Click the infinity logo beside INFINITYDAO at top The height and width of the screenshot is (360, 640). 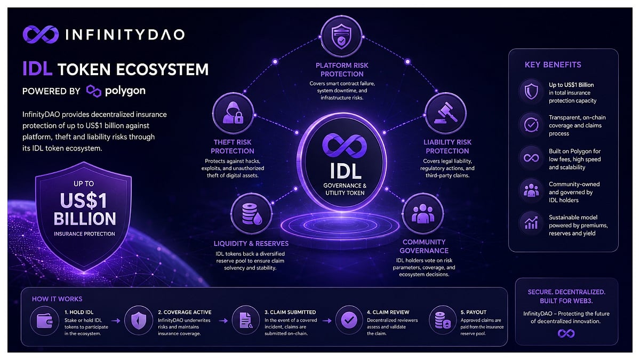(x=41, y=35)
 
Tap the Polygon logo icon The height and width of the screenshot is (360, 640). (x=94, y=91)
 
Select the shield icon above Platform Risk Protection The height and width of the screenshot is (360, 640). (x=341, y=37)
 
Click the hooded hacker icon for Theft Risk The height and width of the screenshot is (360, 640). (x=233, y=113)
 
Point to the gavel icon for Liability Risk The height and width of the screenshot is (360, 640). (x=446, y=114)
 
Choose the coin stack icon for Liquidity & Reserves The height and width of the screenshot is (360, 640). (x=251, y=214)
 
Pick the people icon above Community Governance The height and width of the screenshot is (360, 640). (x=423, y=213)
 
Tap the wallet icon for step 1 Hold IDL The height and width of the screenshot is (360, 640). (x=45, y=321)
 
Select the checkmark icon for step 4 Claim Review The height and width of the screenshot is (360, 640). (x=349, y=321)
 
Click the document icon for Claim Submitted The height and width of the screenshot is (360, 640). (x=246, y=321)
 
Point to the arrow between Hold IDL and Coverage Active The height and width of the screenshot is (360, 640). (x=116, y=321)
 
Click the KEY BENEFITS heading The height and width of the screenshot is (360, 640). (x=553, y=65)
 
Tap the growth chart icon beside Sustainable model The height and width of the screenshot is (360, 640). (x=531, y=223)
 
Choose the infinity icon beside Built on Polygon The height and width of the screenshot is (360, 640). (x=531, y=158)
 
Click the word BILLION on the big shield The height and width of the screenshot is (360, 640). (x=85, y=219)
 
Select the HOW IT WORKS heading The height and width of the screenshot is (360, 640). (x=57, y=299)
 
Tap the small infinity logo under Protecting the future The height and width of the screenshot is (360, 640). (x=566, y=333)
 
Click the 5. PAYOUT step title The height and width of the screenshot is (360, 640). (x=473, y=313)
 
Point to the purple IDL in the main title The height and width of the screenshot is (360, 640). (x=37, y=69)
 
